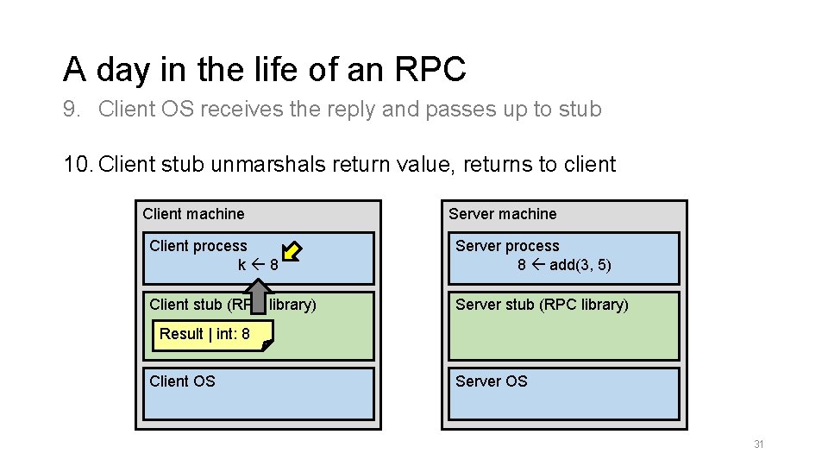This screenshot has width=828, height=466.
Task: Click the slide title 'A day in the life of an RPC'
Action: pos(264,70)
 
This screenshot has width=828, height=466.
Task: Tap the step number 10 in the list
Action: pos(77,164)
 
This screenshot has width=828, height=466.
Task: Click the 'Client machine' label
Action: pos(193,214)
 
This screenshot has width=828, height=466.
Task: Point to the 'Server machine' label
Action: pos(502,214)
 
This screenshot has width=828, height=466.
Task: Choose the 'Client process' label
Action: pos(198,246)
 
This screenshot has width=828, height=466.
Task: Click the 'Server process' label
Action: pos(506,246)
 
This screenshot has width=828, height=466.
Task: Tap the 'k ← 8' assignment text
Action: pos(258,265)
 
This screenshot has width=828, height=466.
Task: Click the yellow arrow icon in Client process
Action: pos(292,251)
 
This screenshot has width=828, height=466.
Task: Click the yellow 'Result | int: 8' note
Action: pos(212,335)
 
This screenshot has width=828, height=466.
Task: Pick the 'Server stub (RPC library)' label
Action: pos(541,305)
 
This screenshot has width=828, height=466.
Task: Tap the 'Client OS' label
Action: pos(182,381)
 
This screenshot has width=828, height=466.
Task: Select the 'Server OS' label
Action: pos(491,381)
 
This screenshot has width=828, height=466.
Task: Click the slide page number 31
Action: pos(758,444)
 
